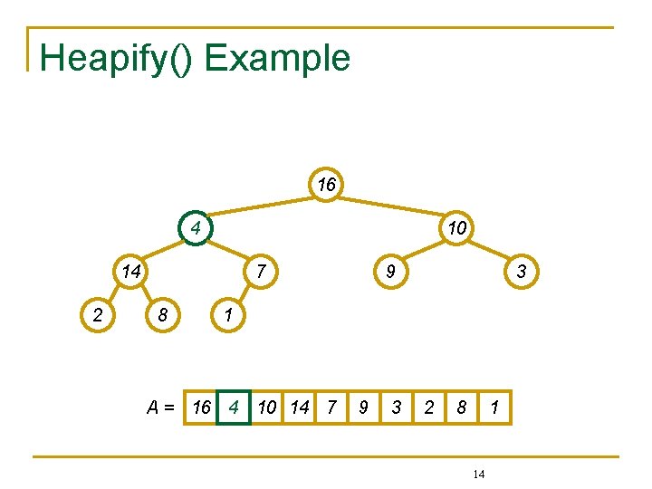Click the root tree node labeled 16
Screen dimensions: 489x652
click(x=326, y=185)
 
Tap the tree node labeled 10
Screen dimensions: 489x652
click(x=456, y=227)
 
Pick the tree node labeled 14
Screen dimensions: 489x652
click(x=130, y=271)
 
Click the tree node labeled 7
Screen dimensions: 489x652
click(x=260, y=271)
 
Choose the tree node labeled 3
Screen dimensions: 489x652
click(x=521, y=271)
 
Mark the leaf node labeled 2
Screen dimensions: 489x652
click(x=98, y=314)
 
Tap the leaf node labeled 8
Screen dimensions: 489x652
click(x=163, y=314)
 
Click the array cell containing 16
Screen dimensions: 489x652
click(x=201, y=407)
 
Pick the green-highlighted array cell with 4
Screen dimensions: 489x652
click(x=234, y=407)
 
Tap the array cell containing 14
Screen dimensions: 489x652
click(x=299, y=407)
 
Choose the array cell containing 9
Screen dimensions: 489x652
click(x=363, y=407)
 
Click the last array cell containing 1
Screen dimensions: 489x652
click(x=494, y=407)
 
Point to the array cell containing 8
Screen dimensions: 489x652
click(x=461, y=407)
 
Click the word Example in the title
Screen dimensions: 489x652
click(x=277, y=58)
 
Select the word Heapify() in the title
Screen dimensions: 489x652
click(x=117, y=58)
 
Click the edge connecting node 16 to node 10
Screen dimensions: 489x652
click(x=391, y=206)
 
